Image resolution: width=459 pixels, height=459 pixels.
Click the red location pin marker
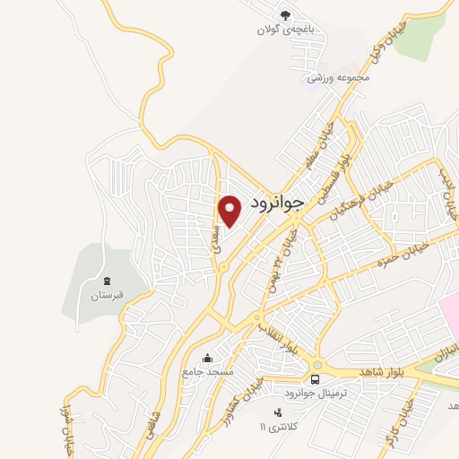pyautogui.click(x=231, y=211)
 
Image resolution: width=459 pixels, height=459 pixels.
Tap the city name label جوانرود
pyautogui.click(x=279, y=202)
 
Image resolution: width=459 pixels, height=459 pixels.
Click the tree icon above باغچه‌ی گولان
pyautogui.click(x=285, y=14)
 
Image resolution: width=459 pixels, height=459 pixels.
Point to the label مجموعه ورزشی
pyautogui.click(x=333, y=78)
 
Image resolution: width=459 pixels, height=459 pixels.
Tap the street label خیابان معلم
pyautogui.click(x=323, y=147)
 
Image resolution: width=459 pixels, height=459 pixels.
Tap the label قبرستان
pyautogui.click(x=106, y=295)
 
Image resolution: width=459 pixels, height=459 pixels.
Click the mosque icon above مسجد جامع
pyautogui.click(x=208, y=358)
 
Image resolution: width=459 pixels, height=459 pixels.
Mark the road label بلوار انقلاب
pyautogui.click(x=277, y=336)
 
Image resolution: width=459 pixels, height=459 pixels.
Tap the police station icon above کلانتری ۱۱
pyautogui.click(x=279, y=411)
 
